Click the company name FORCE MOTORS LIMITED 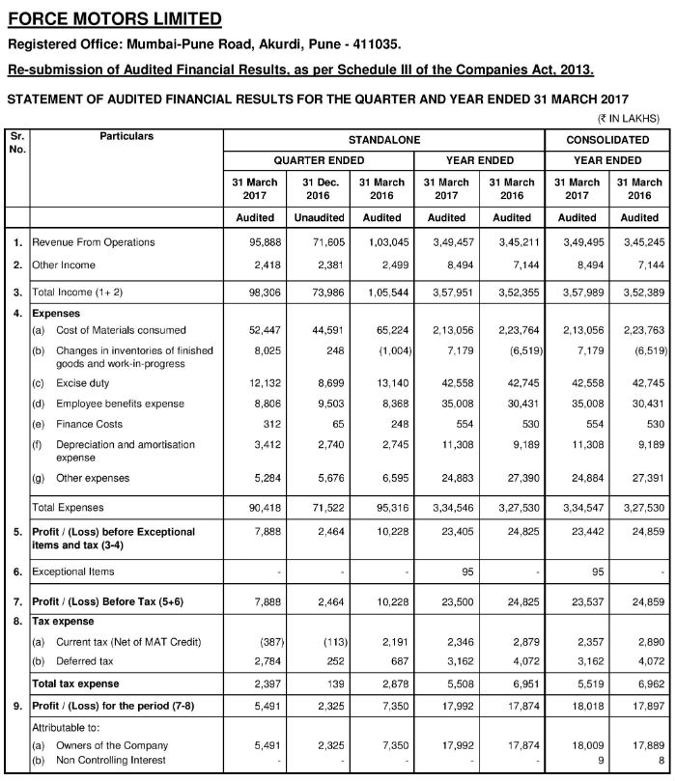point(115,18)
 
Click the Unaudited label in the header point(318,218)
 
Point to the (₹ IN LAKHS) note point(628,120)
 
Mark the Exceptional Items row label point(73,572)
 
